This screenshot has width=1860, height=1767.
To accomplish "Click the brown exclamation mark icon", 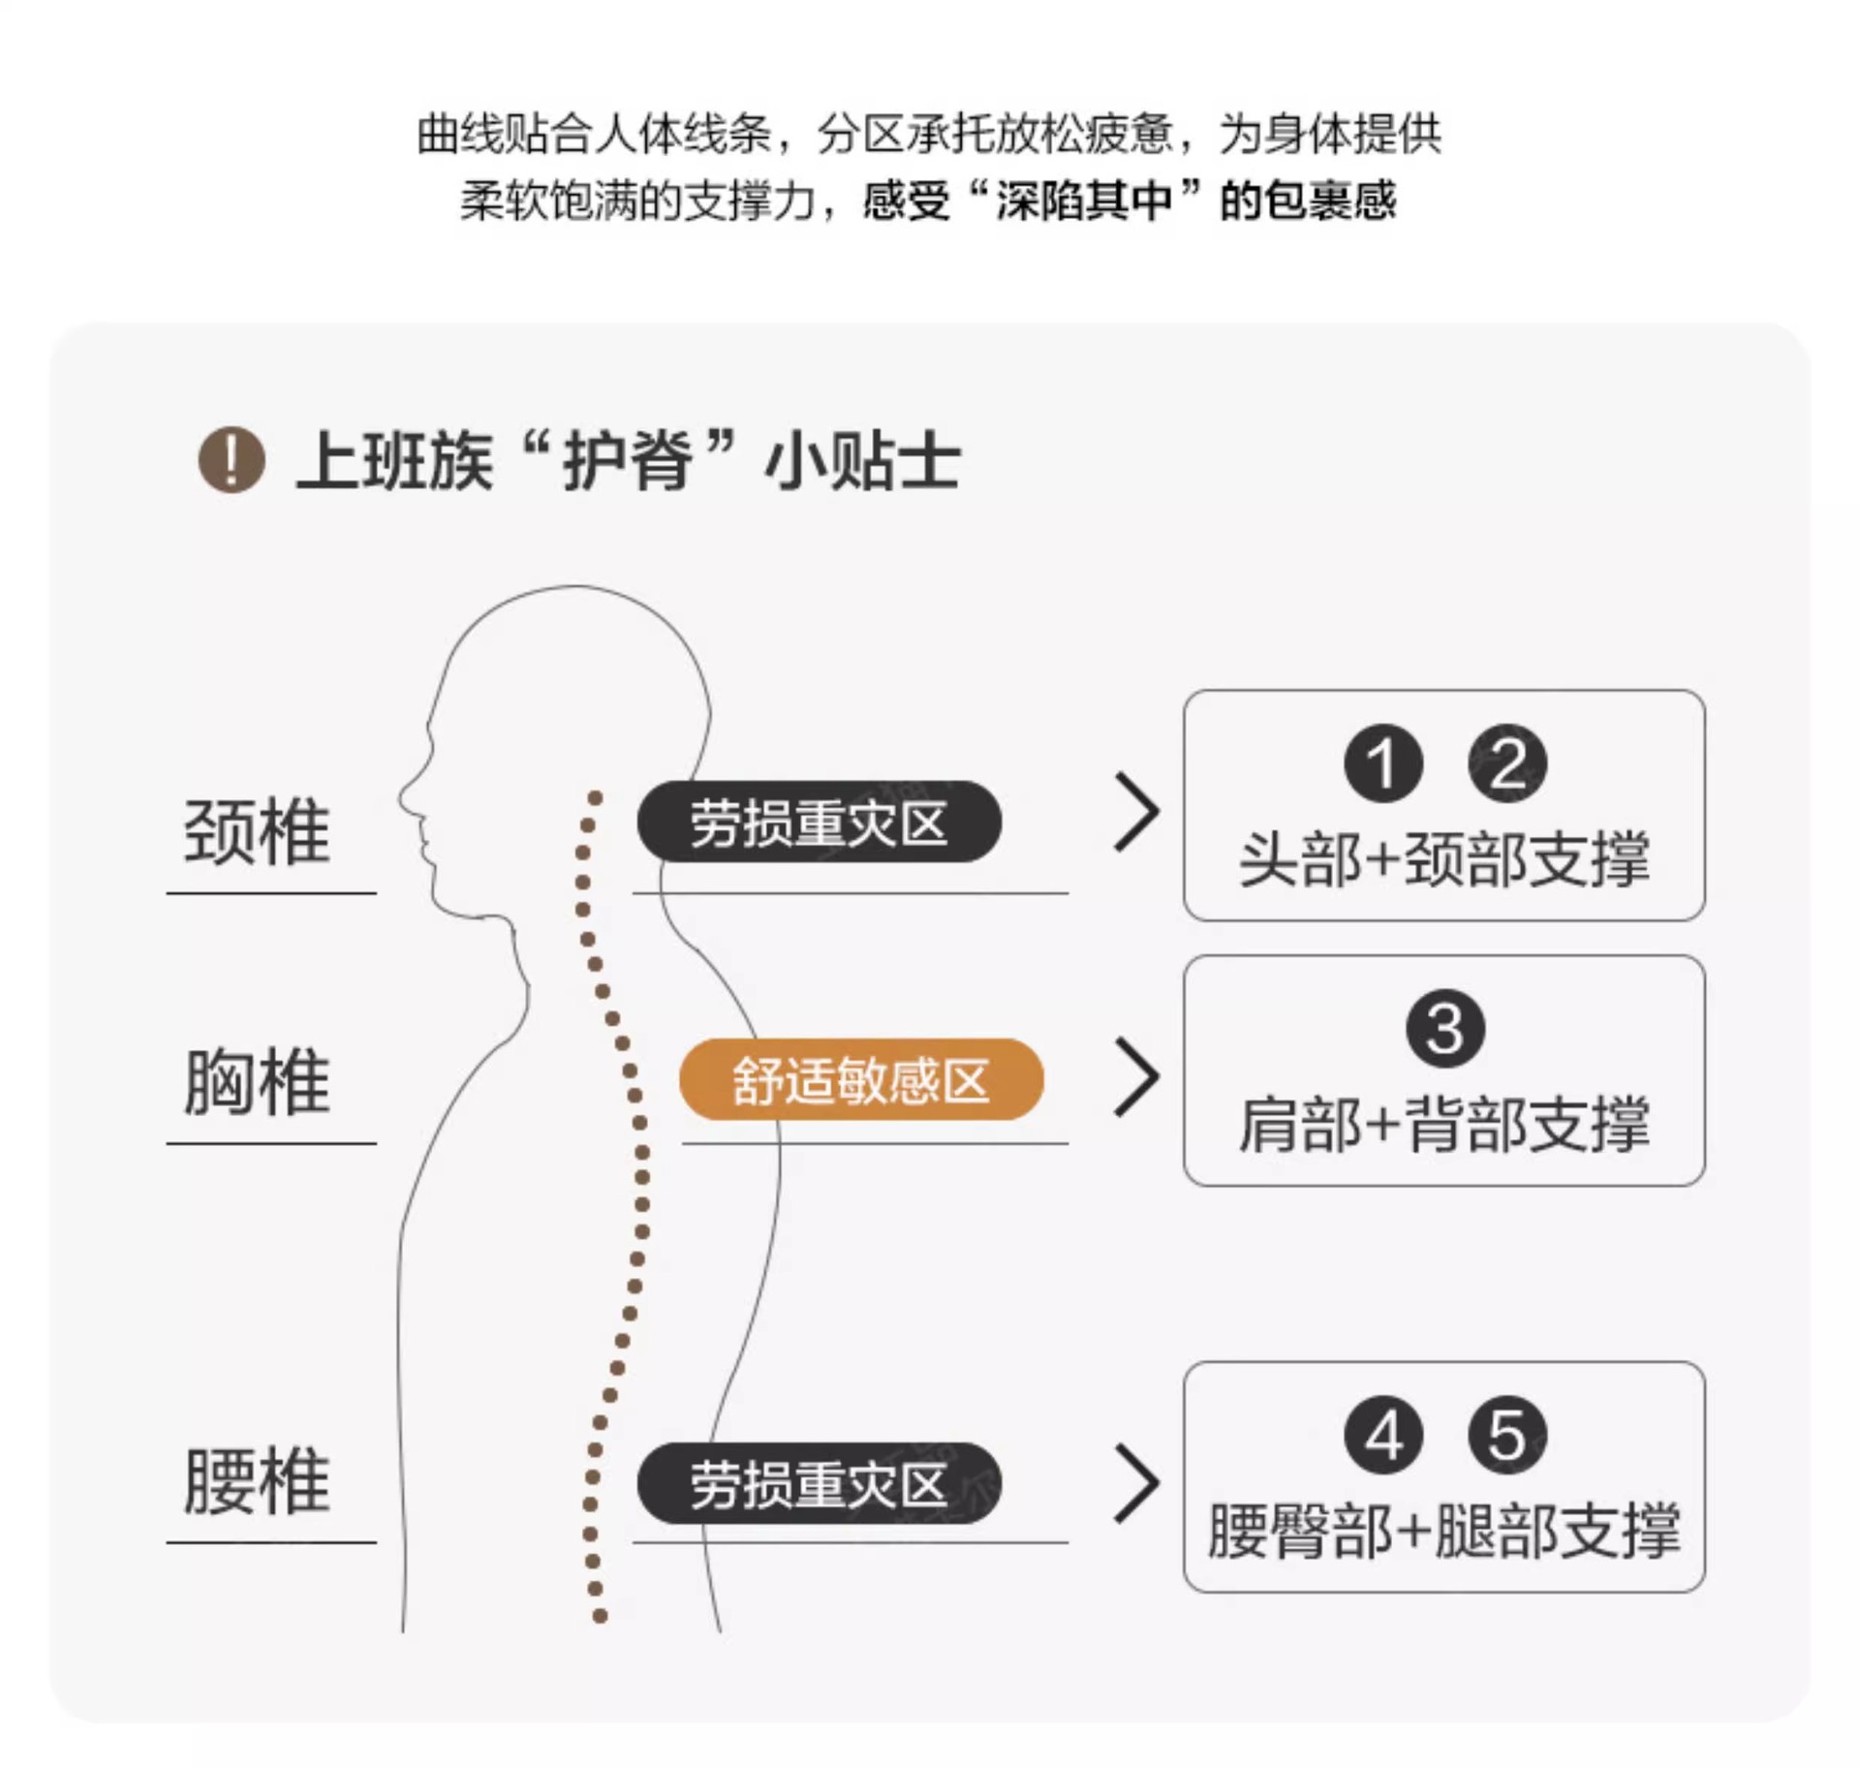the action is click(232, 460).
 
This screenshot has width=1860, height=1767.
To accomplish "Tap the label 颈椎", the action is click(258, 832).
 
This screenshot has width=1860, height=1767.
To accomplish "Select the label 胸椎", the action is click(258, 1082).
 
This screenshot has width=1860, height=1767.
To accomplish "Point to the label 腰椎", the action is click(258, 1481).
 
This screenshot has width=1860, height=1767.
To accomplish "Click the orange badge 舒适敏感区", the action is click(861, 1079).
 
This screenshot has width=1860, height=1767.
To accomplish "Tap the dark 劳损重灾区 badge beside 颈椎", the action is click(819, 821).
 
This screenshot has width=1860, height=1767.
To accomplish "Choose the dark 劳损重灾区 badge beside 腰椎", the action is click(819, 1483).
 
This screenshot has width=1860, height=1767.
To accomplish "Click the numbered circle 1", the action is click(1383, 763).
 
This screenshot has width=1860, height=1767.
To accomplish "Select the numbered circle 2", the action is click(1507, 763).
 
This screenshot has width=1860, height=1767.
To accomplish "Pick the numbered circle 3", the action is click(1445, 1029).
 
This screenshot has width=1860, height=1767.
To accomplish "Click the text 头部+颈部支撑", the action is click(1444, 858).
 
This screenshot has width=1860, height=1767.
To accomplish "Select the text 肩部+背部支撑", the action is click(1444, 1124).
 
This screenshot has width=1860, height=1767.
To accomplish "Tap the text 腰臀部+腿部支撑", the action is click(1444, 1531).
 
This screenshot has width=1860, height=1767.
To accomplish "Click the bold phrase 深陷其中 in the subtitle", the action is click(1084, 201).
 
